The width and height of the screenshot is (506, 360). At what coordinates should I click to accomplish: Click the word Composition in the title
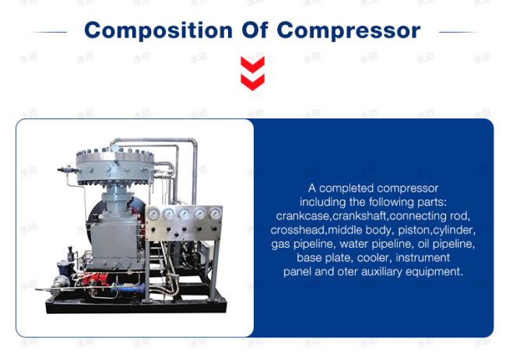coord(158,31)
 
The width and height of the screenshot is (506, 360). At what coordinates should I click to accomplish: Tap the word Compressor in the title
coord(349,31)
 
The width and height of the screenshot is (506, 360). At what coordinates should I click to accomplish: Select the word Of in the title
coord(255,30)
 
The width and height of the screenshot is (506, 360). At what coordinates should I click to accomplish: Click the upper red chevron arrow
coord(253,65)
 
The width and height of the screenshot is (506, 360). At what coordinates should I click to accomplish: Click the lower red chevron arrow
coord(253,82)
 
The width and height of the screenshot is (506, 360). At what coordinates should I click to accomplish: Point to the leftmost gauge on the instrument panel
coord(153,214)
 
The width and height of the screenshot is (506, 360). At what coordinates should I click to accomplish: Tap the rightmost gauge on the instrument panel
coord(215,214)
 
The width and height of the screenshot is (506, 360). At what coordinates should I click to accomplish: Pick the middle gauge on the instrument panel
coord(184,214)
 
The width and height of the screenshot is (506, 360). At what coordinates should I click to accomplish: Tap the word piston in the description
coord(414,231)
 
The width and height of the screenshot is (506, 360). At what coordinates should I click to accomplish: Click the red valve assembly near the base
coord(95,280)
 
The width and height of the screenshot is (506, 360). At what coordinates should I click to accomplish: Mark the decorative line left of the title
coord(48,32)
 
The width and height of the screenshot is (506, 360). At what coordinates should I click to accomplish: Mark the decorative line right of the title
coord(459,32)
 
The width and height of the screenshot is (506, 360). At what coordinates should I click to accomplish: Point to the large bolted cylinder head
coord(115,168)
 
